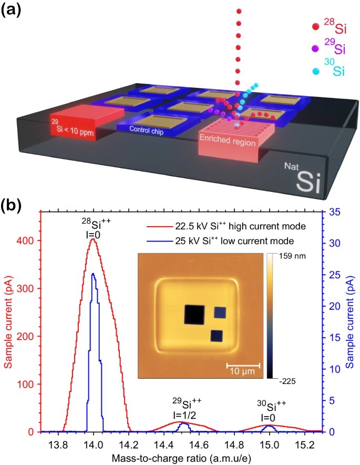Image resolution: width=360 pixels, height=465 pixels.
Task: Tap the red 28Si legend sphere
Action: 315,26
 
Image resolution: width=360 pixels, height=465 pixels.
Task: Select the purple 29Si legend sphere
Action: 315,48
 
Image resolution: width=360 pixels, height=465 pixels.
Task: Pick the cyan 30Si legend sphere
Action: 315,70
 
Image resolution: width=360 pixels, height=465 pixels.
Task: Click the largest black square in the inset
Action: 193,315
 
